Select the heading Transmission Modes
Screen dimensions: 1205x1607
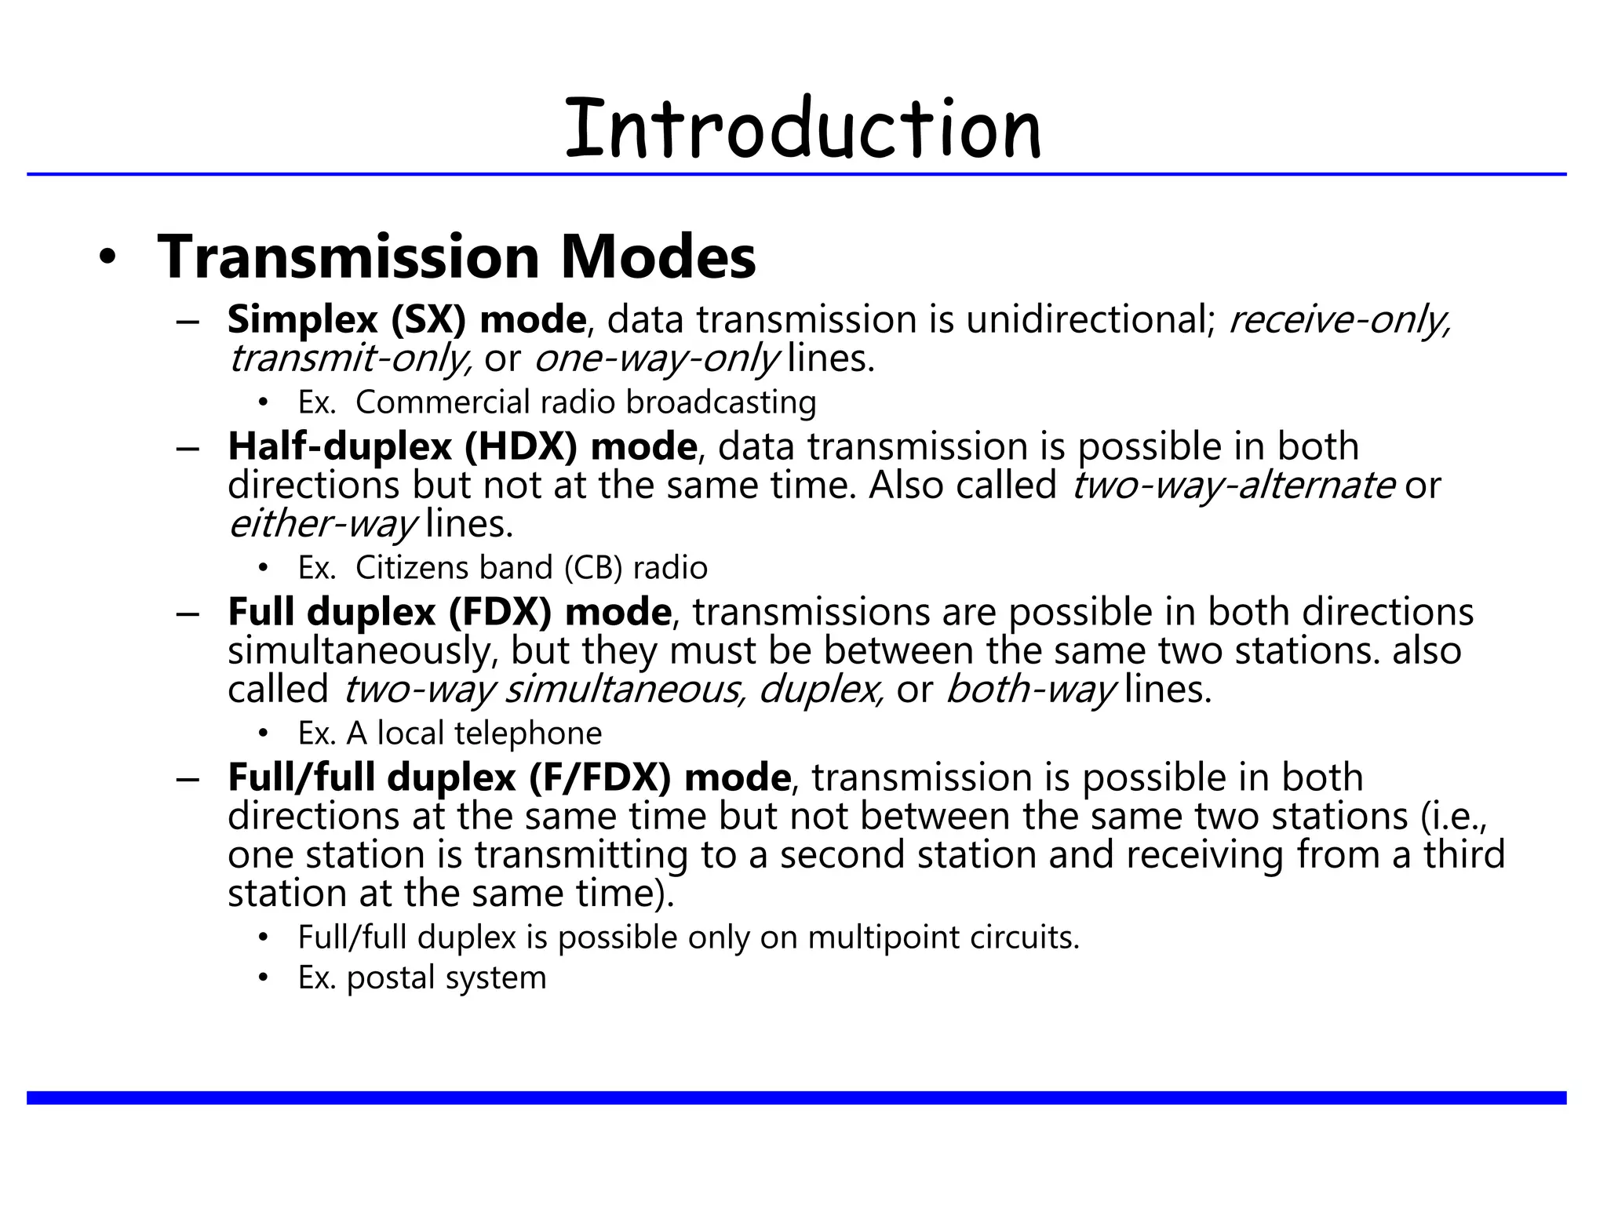tap(456, 257)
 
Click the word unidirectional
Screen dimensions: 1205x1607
tap(1090, 320)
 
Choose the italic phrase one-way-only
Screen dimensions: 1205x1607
tap(657, 359)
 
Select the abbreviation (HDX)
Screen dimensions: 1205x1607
tap(521, 446)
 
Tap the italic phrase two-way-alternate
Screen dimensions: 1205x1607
tap(1233, 485)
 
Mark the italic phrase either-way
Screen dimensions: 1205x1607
tap(322, 524)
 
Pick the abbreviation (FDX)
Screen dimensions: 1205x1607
tap(501, 612)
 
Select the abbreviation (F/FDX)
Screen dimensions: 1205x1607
tap(600, 777)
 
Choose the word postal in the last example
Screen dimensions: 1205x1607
tap(392, 978)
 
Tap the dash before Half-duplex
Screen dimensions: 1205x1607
tap(188, 448)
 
